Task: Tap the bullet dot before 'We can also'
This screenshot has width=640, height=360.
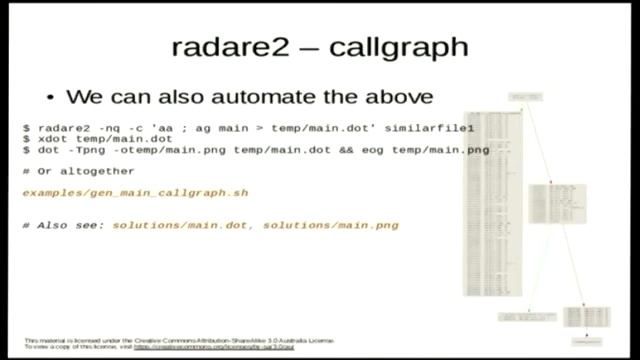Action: tap(51, 98)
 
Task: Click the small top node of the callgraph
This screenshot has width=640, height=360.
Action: tap(518, 97)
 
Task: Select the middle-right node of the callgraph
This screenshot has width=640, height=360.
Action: tap(547, 203)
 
